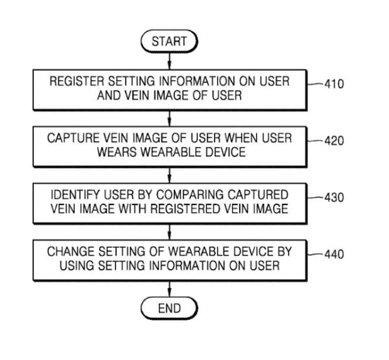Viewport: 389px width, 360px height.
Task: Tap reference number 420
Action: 334,142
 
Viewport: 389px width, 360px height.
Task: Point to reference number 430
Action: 334,198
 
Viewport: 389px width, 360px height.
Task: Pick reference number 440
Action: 334,255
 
